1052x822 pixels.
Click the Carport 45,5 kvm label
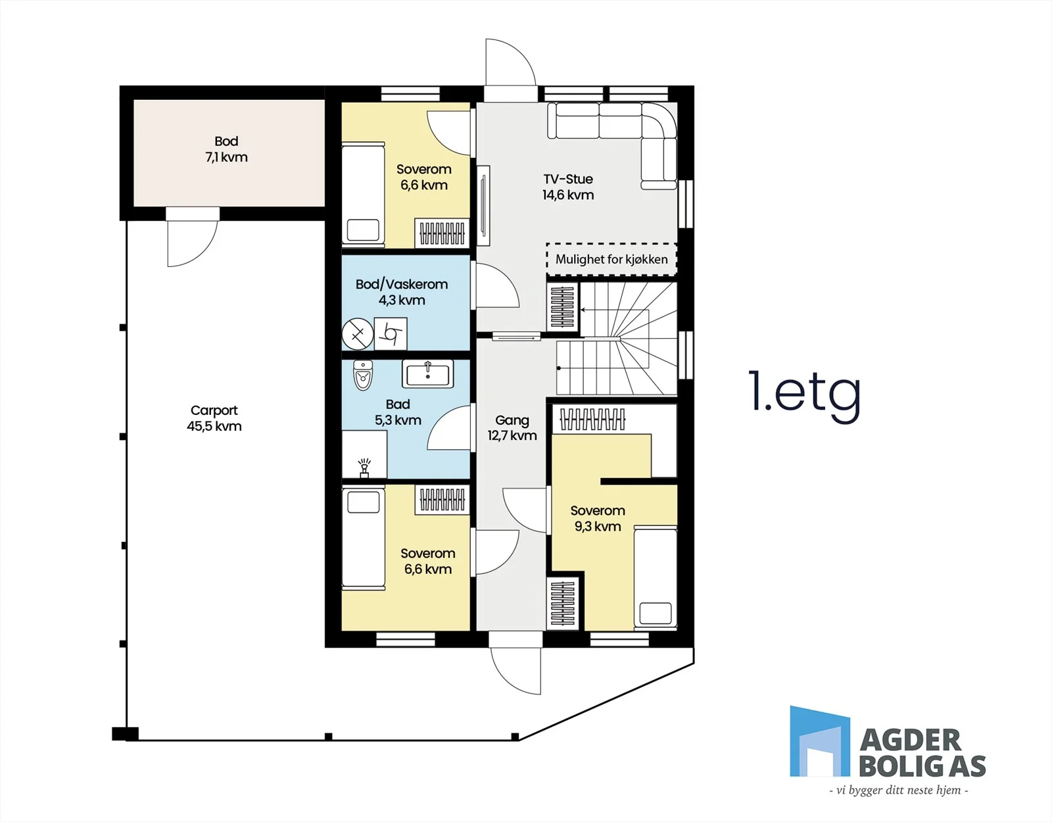point(214,418)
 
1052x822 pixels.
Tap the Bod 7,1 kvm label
point(226,149)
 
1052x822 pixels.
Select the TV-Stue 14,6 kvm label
point(568,187)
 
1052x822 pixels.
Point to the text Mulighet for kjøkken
point(611,260)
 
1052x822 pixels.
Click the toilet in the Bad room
point(362,375)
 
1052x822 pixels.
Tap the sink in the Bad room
point(427,374)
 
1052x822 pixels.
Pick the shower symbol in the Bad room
point(364,469)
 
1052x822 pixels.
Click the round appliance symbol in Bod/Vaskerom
point(358,334)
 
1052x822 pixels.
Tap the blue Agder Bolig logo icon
point(820,741)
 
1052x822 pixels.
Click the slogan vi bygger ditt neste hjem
point(899,790)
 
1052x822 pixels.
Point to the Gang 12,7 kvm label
point(512,428)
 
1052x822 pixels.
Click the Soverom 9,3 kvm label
point(598,518)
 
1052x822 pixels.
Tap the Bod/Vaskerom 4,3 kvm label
point(402,292)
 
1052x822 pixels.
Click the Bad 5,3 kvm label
point(398,412)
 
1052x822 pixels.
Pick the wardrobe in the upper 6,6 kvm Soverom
point(442,233)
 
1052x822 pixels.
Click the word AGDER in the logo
point(910,740)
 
